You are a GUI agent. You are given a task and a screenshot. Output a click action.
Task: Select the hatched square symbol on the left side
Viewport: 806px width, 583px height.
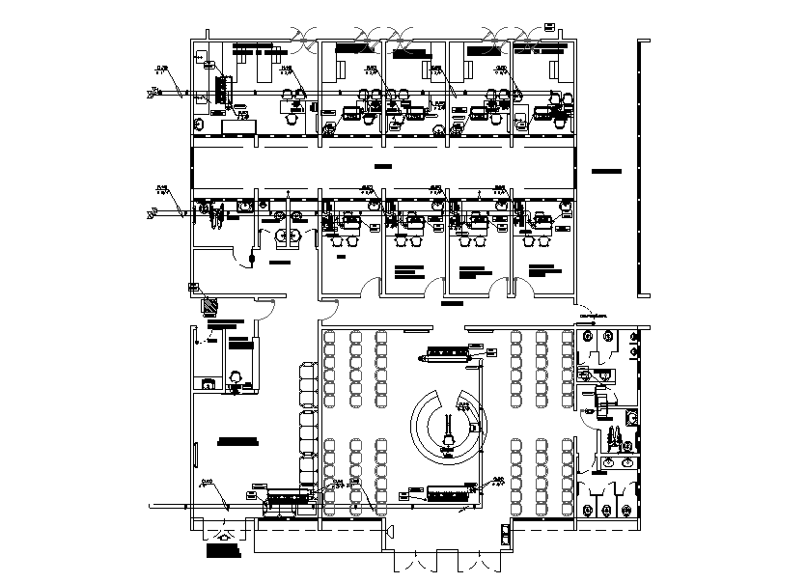click(209, 307)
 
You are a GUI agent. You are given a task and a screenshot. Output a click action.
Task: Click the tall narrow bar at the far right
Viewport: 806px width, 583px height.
click(643, 169)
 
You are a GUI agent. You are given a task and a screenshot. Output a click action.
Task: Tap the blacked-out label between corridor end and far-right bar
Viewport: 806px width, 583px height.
click(606, 171)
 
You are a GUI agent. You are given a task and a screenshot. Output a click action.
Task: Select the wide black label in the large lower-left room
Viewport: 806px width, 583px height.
click(238, 441)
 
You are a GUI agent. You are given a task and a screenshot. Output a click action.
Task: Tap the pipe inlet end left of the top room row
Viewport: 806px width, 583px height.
click(153, 94)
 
